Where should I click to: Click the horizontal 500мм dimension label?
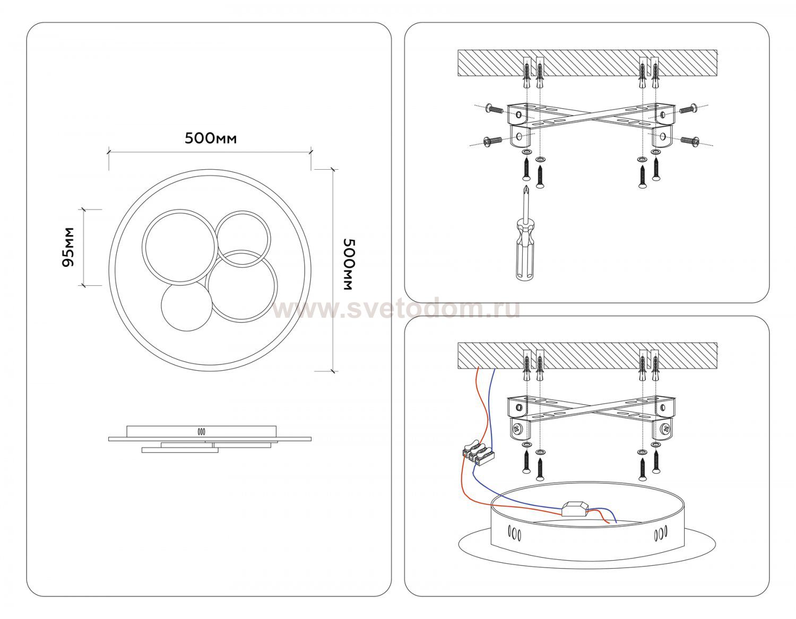211,138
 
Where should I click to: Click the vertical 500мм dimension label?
349,265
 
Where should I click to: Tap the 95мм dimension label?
68,248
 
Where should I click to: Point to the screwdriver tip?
526,187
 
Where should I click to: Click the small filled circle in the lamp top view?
186,306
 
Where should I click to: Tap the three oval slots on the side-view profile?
202,432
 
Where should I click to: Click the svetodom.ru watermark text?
396,310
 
